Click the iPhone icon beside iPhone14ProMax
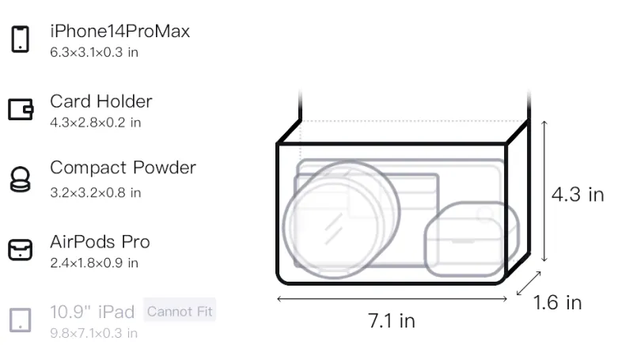tap(21, 39)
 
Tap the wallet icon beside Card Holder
tap(21, 109)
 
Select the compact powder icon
tap(21, 179)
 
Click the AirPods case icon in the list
tap(21, 250)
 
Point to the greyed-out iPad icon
tap(21, 320)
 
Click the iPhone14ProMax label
tap(120, 31)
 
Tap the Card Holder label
tap(101, 101)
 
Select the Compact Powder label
tap(123, 168)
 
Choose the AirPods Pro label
tap(100, 242)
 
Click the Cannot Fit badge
tap(180, 311)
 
